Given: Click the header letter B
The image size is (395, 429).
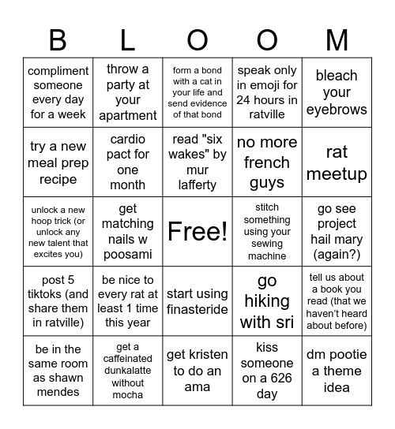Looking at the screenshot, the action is (58, 39).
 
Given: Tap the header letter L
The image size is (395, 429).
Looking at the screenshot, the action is (128, 39).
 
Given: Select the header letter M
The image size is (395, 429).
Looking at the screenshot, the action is (337, 39).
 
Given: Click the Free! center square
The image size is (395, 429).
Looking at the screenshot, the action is (197, 231).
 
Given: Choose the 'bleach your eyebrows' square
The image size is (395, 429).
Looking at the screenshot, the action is (337, 92).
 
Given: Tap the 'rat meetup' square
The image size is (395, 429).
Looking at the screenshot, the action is (337, 162).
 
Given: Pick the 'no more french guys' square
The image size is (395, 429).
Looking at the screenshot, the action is (267, 162).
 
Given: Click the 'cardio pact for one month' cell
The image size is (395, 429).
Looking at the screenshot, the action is (128, 162).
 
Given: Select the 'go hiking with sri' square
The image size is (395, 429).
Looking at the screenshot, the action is (267, 300).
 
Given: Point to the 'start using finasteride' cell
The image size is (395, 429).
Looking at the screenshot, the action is (197, 300).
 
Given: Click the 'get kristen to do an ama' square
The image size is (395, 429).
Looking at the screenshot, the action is (197, 371).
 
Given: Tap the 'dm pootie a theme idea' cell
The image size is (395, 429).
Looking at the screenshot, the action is (337, 371).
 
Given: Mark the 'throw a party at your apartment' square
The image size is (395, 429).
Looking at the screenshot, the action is (128, 92).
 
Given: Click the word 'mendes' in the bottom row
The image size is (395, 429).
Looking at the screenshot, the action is (58, 392).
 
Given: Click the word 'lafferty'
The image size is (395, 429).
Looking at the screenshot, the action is (197, 185).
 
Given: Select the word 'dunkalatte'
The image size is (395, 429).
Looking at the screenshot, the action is (128, 371).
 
